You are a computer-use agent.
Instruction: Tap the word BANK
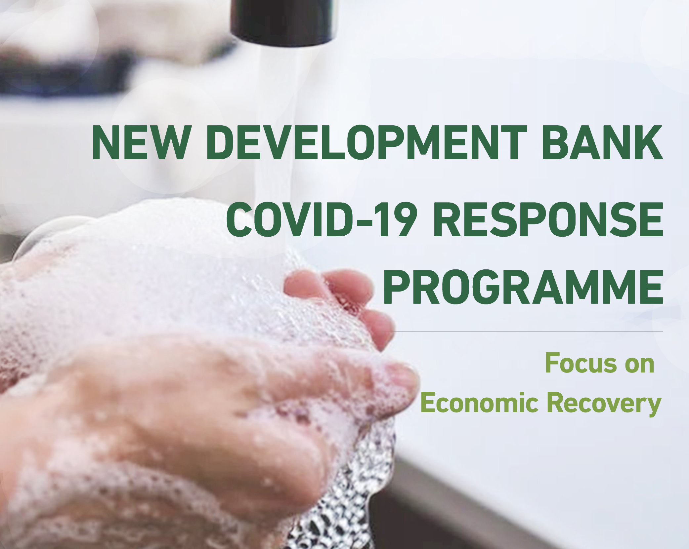pos(602,143)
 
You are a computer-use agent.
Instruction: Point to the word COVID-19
pos(321,219)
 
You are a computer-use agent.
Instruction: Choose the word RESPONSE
pos(548,219)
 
